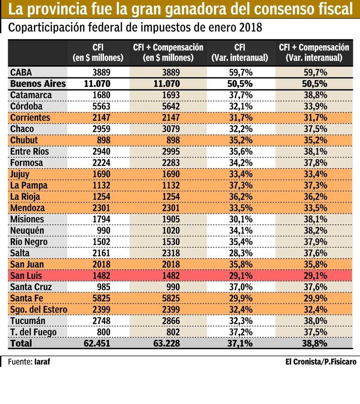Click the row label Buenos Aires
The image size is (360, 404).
click(38, 84)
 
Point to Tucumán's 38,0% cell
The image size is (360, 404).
click(314, 321)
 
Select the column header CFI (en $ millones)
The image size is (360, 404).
click(98, 53)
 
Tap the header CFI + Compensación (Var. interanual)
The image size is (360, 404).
click(314, 53)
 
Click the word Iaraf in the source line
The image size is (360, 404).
click(41, 361)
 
